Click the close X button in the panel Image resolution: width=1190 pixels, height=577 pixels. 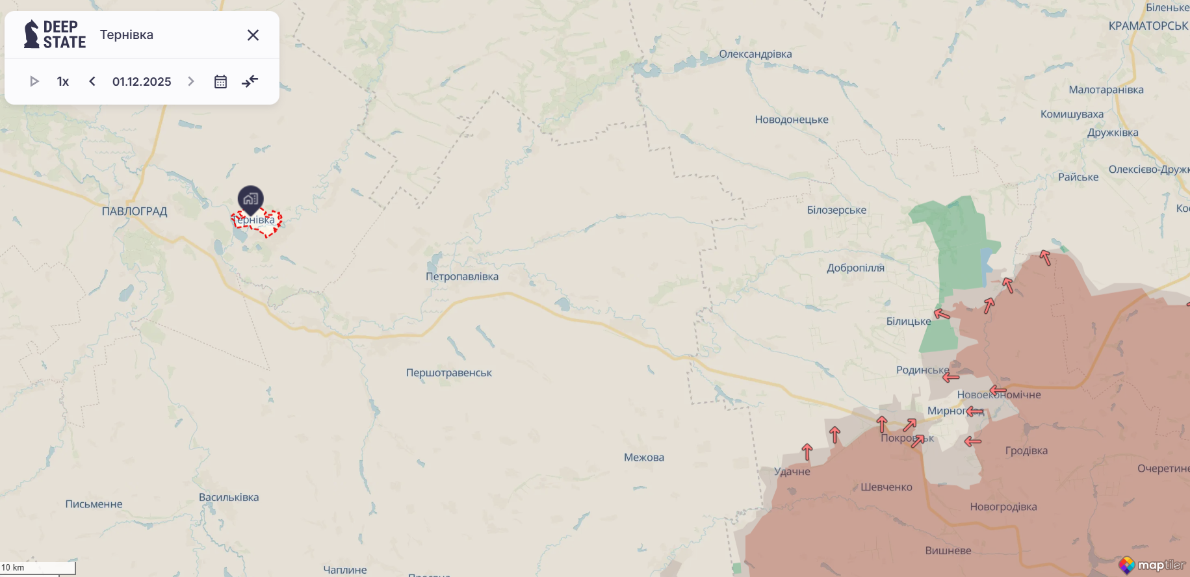(253, 35)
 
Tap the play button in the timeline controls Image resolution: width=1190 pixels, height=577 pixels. (34, 81)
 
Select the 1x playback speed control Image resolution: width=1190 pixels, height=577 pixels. (63, 81)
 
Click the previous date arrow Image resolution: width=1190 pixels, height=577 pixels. (92, 81)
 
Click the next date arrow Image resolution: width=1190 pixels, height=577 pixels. (190, 81)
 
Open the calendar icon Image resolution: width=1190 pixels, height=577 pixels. (220, 81)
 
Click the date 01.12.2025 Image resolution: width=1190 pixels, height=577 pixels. (142, 81)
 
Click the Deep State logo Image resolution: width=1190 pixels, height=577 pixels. (55, 34)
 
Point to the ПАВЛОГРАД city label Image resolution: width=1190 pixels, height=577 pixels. (135, 211)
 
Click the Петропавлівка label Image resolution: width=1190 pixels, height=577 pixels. (462, 276)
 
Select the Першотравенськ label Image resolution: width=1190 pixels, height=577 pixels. (448, 373)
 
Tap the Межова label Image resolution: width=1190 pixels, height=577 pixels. (643, 457)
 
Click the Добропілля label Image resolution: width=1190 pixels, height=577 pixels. (855, 268)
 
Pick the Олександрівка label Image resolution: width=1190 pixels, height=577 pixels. (755, 54)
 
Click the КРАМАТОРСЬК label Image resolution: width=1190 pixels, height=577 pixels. (1148, 26)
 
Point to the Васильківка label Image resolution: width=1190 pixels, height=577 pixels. (229, 497)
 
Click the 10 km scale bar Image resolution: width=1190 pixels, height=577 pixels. (38, 568)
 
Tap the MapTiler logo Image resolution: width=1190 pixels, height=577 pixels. (1152, 565)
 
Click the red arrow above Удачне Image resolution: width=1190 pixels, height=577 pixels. (807, 451)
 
